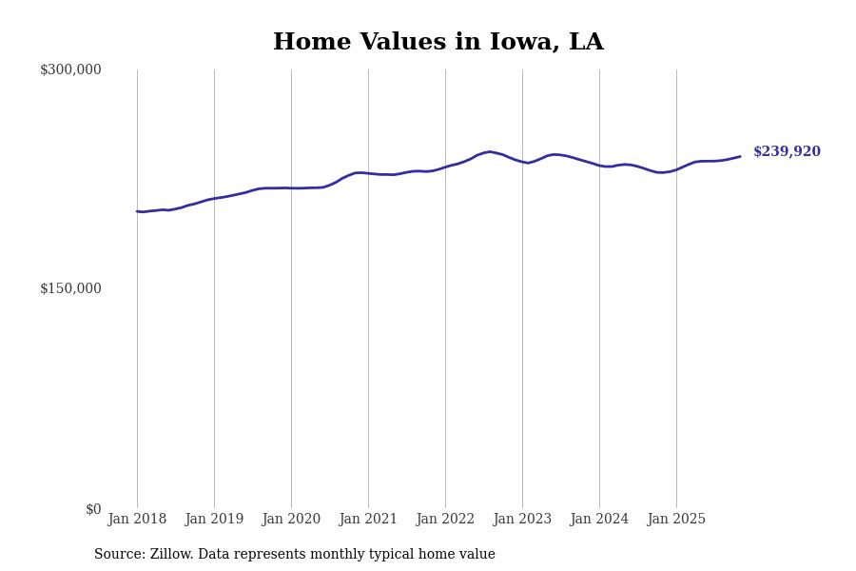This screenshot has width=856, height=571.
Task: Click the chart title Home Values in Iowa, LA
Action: point(438,43)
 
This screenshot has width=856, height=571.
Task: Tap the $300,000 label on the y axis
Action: point(70,69)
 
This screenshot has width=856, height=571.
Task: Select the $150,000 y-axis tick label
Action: point(70,288)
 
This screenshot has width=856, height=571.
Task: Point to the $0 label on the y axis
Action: point(93,509)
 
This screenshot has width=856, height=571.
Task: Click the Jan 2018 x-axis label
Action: point(137,520)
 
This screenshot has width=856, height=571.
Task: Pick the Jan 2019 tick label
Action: point(214,520)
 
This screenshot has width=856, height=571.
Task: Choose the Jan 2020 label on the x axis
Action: point(291,520)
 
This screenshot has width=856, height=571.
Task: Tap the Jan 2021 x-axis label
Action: point(368,520)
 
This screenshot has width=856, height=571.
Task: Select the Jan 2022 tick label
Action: point(445,520)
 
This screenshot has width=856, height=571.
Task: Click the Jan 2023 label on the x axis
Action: point(522,520)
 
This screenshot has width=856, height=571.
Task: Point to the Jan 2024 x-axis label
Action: point(599,520)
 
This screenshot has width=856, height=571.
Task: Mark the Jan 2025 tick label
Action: point(676,520)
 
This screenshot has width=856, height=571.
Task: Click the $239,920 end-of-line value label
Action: point(787,152)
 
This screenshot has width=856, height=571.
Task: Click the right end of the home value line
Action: point(740,156)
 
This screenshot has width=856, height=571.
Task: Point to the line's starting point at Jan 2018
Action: point(137,211)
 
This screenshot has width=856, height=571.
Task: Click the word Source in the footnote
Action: point(119,555)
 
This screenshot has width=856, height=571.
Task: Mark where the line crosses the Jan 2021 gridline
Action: point(368,173)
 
